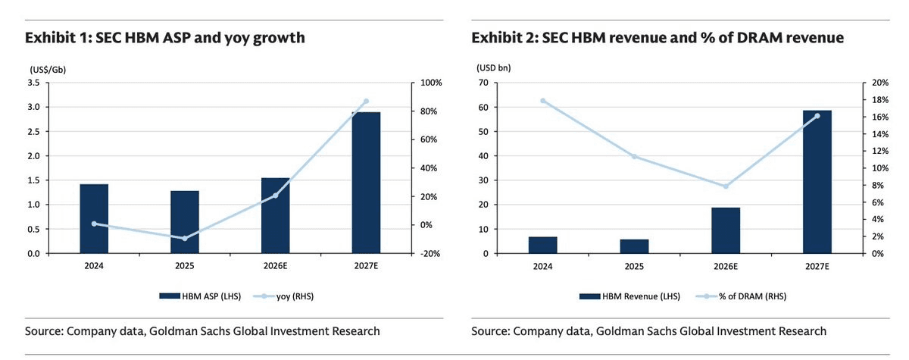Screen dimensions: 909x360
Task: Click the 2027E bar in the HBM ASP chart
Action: point(366,183)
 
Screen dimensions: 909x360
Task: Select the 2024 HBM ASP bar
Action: point(94,219)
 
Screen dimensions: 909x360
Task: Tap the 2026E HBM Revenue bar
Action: point(726,230)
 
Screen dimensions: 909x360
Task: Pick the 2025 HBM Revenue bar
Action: point(634,246)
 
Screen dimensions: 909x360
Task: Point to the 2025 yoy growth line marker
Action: point(185,238)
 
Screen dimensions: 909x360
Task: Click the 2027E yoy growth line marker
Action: point(366,101)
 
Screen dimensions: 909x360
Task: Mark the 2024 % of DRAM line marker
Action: point(543,101)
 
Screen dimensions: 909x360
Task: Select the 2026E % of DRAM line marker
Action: point(726,186)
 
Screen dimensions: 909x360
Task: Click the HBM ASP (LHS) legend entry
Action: point(200,296)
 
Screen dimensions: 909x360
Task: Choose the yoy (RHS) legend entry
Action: point(283,296)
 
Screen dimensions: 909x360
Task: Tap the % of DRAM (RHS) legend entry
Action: point(741,296)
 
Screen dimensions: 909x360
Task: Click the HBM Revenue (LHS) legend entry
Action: point(629,296)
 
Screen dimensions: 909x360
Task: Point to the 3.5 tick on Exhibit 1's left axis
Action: point(33,83)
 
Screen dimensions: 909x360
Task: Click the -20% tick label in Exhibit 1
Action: point(430,254)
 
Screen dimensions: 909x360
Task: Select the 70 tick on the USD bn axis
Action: point(483,83)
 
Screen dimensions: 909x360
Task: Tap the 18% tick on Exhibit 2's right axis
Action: point(880,100)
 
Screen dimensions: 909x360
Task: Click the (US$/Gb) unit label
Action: point(48,70)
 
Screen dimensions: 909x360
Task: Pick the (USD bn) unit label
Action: point(493,67)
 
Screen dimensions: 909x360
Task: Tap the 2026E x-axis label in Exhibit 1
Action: point(275,266)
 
